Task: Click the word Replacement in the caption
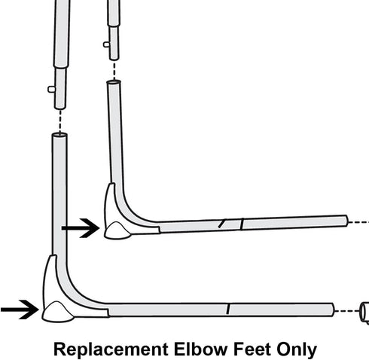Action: [111, 349]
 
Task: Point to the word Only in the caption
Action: [297, 350]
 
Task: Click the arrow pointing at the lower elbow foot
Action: [20, 310]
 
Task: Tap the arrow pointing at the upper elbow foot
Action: [81, 228]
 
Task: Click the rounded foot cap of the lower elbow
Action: [59, 312]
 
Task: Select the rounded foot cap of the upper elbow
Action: [117, 230]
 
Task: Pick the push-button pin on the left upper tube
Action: [51, 89]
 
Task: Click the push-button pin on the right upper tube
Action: [106, 44]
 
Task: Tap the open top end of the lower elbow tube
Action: [59, 135]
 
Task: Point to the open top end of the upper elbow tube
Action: [114, 82]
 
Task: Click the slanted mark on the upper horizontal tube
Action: [221, 224]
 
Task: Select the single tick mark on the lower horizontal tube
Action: [228, 309]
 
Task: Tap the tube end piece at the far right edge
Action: [364, 312]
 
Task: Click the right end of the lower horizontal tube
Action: [334, 310]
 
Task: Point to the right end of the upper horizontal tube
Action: [346, 221]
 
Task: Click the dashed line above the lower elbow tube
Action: [60, 122]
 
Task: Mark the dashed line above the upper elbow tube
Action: [114, 71]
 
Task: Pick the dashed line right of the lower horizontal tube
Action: [347, 311]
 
